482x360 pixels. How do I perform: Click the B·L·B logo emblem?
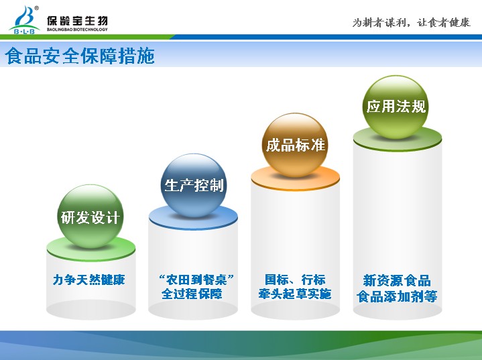[x=25, y=19]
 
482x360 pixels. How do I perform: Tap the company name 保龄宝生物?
[x=77, y=21]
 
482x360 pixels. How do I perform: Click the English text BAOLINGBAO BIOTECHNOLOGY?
[x=77, y=29]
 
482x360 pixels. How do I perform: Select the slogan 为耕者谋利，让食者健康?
[x=412, y=22]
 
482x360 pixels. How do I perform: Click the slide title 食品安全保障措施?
[x=80, y=56]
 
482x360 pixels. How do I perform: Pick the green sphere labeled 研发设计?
[x=91, y=217]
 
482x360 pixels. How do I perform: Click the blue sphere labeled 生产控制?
[x=194, y=186]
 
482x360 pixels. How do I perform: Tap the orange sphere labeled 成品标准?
[x=295, y=145]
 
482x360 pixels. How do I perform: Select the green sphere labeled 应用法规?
[x=396, y=107]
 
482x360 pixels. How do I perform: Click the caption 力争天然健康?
[x=89, y=280]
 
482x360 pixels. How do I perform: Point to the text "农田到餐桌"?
[x=196, y=280]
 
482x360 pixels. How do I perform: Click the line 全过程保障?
[x=192, y=294]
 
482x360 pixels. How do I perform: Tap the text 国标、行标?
[x=295, y=280]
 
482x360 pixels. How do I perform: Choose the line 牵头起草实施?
[x=295, y=294]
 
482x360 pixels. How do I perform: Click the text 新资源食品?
[x=397, y=281]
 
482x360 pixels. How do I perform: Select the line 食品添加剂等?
[x=397, y=297]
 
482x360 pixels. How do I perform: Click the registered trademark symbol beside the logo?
[x=37, y=8]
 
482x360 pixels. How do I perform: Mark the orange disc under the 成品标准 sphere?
[x=296, y=179]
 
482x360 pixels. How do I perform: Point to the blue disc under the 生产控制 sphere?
[x=193, y=219]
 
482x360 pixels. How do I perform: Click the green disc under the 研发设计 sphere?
[x=91, y=249]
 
